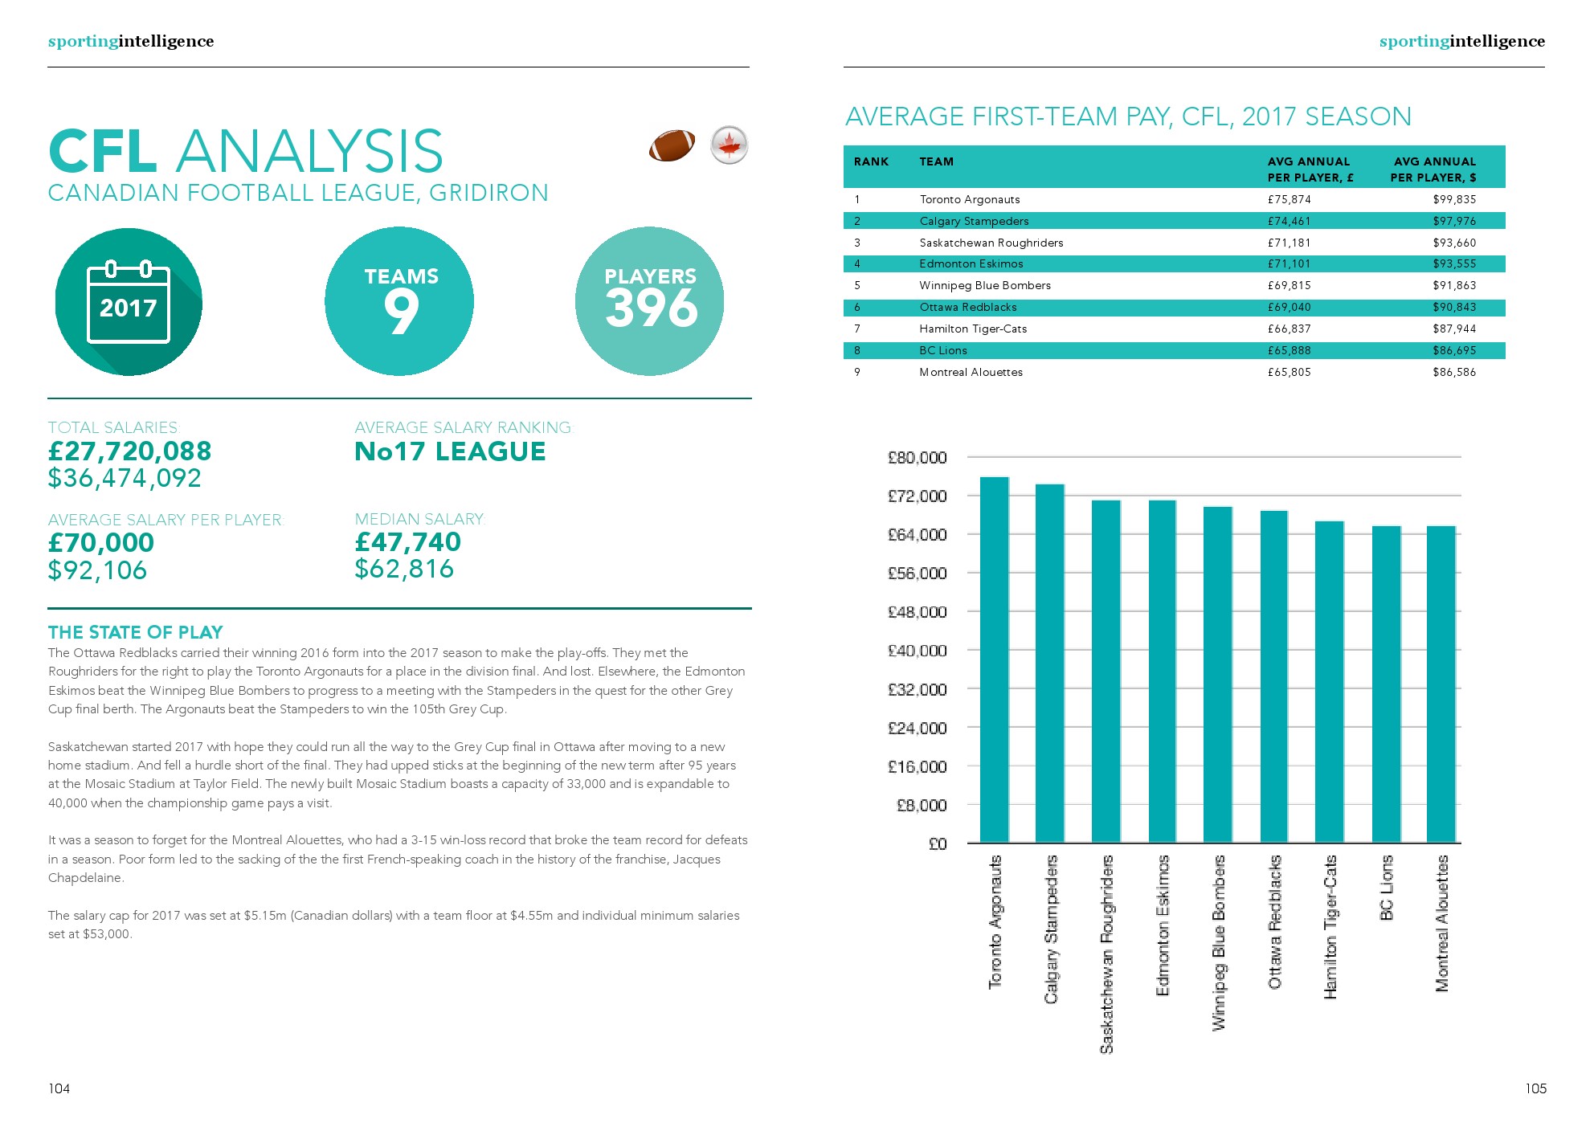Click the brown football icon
click(672, 145)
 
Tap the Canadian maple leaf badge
click(729, 145)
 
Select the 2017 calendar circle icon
click(129, 302)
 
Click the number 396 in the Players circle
click(651, 308)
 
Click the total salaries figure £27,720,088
click(129, 451)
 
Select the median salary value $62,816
click(404, 570)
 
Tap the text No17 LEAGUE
click(450, 452)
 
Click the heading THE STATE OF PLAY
click(135, 632)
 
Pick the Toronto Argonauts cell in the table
click(969, 199)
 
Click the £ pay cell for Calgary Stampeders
click(1289, 221)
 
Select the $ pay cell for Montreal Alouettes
click(1453, 372)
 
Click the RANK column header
click(871, 161)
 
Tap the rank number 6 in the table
click(857, 307)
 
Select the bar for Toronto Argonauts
click(994, 659)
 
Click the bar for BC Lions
click(1386, 683)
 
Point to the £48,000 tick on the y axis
click(917, 612)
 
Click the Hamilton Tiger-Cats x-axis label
click(1330, 927)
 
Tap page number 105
click(1535, 1088)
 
